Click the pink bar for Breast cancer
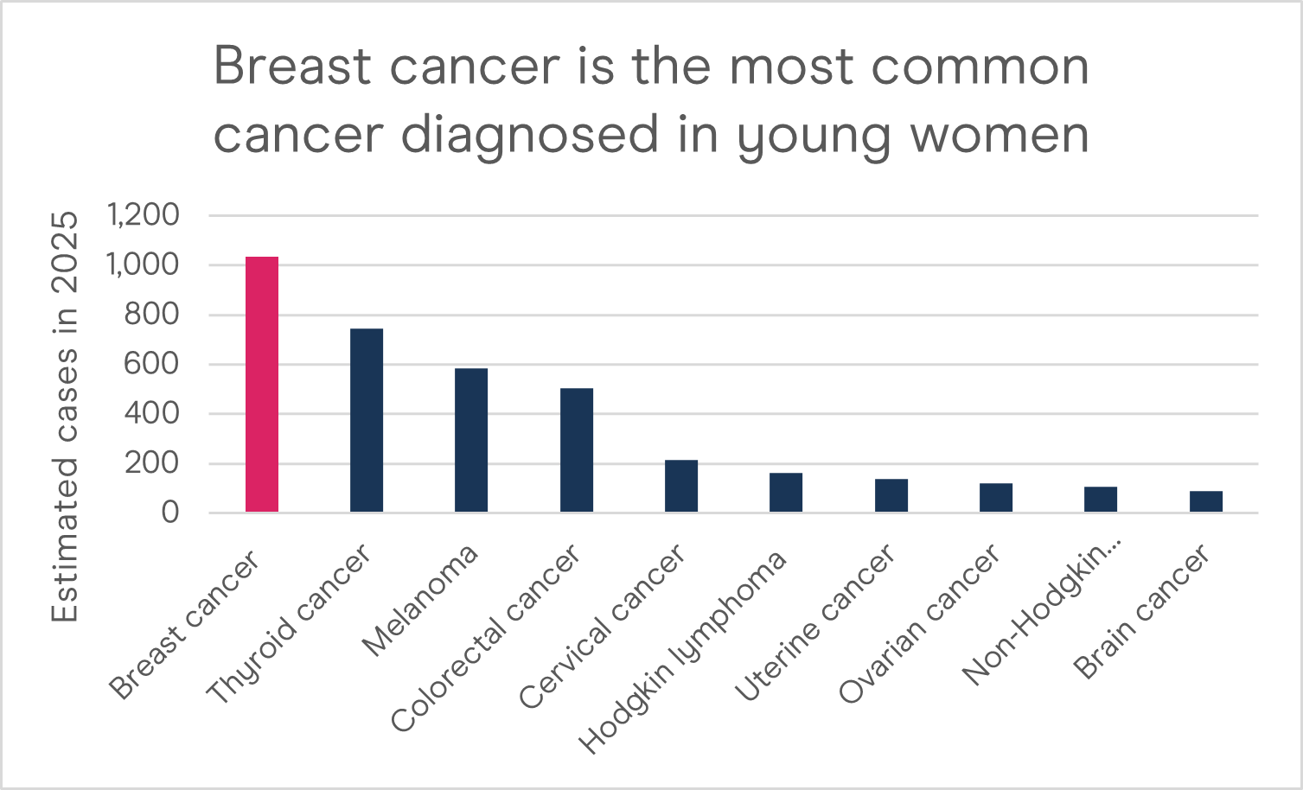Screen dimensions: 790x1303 pos(262,385)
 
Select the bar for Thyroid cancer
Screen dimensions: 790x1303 pos(367,421)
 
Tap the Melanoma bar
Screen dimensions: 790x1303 pos(471,440)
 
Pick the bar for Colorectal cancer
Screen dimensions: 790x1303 pos(577,450)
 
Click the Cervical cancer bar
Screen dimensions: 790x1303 pos(681,486)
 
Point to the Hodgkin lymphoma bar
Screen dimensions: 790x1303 pos(786,493)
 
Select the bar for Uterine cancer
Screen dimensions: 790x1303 pos(891,495)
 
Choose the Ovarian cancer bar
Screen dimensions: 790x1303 pos(996,498)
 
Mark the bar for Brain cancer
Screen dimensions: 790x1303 pos(1206,502)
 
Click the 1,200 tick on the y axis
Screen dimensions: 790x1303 pos(143,214)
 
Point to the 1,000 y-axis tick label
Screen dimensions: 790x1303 pos(143,264)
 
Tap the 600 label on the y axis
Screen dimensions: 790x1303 pos(151,364)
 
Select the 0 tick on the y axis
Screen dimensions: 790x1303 pos(169,513)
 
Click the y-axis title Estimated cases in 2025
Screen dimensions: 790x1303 pos(65,416)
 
